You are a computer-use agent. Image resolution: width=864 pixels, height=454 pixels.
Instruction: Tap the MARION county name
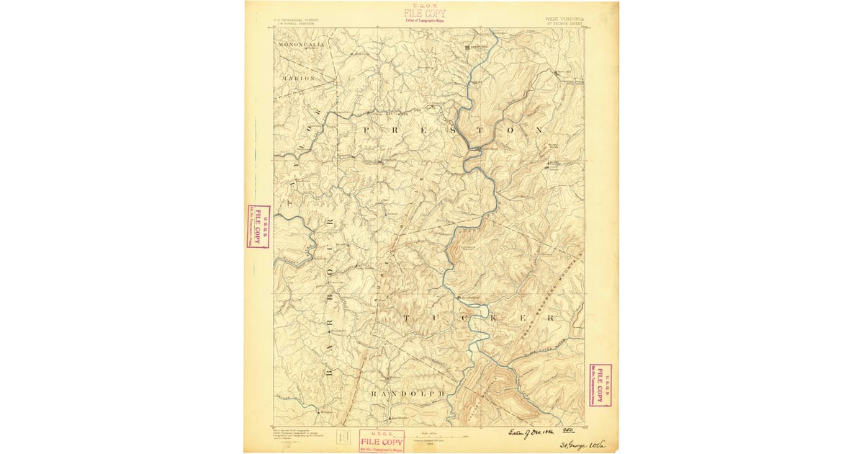tap(298, 77)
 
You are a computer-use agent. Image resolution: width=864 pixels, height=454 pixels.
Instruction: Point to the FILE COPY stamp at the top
tap(425, 14)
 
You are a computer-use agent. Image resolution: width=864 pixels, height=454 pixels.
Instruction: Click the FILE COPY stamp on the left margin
tap(257, 226)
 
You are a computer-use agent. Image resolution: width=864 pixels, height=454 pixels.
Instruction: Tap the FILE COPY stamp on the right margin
tap(599, 385)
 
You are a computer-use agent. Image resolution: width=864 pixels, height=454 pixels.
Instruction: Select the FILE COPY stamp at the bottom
tap(382, 441)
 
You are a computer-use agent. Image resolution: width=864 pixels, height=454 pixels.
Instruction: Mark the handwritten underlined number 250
tap(576, 429)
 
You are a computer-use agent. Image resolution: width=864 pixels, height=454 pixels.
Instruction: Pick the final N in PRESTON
tap(538, 130)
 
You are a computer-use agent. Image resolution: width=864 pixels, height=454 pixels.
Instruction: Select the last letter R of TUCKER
tap(551, 317)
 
